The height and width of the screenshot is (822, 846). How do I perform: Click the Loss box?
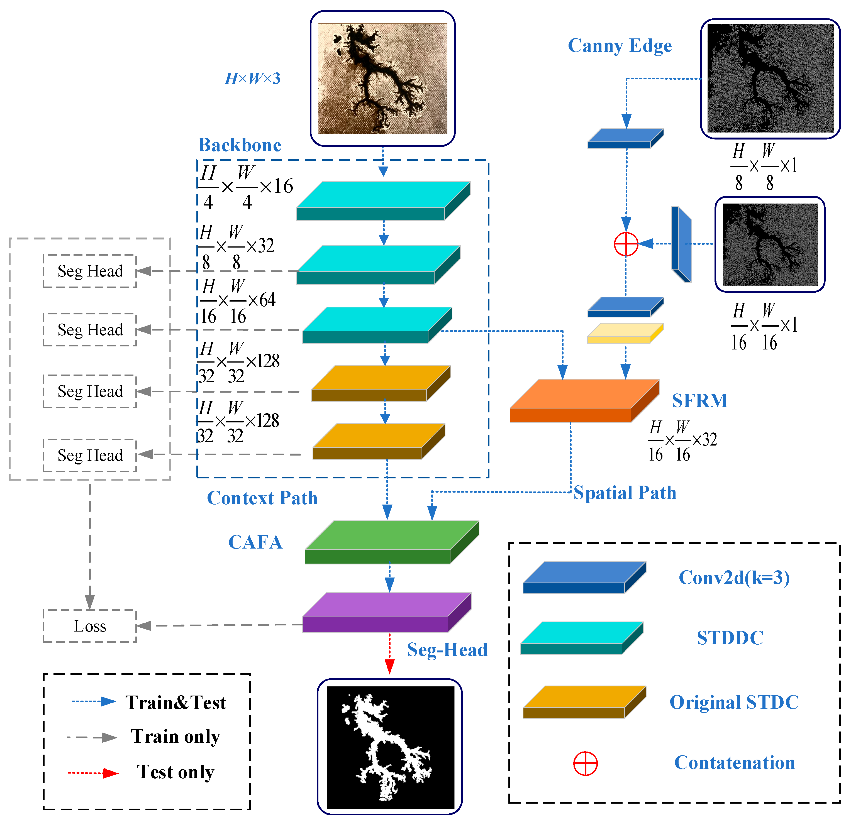pyautogui.click(x=90, y=626)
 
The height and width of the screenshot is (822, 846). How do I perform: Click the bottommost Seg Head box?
pyautogui.click(x=90, y=455)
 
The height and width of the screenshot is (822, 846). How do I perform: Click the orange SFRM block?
pyautogui.click(x=583, y=402)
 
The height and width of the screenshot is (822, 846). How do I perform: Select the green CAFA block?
pyautogui.click(x=391, y=543)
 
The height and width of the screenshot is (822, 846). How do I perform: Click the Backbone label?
pyautogui.click(x=240, y=145)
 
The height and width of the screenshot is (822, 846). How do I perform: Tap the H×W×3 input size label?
pyautogui.click(x=253, y=79)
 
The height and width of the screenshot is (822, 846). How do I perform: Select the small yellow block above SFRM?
pyautogui.click(x=625, y=333)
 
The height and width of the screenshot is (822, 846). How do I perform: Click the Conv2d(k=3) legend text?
pyautogui.click(x=734, y=578)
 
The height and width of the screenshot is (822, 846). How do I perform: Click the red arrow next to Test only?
pyautogui.click(x=93, y=772)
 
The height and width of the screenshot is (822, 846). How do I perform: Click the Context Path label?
pyautogui.click(x=262, y=498)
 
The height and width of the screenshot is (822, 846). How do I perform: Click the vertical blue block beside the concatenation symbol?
pyautogui.click(x=681, y=244)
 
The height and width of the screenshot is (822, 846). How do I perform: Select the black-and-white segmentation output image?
pyautogui.click(x=390, y=747)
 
